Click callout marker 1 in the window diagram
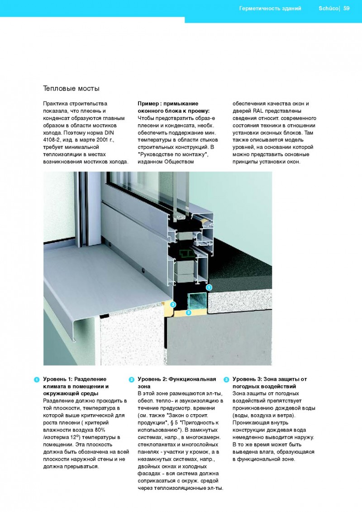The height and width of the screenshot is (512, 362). [209, 287]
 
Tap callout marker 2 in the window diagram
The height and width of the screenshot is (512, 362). [189, 312]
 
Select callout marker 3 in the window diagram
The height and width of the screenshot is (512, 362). [173, 305]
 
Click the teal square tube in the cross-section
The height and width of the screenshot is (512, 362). [198, 301]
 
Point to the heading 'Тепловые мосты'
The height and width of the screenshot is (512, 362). [71, 88]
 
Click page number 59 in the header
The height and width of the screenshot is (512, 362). [347, 8]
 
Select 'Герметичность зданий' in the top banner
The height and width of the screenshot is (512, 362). [270, 8]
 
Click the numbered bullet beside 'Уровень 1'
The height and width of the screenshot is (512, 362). [36, 379]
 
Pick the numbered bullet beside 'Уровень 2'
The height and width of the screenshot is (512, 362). [131, 379]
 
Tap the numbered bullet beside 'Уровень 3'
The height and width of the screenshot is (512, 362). [226, 379]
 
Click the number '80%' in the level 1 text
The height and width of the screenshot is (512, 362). [105, 430]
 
